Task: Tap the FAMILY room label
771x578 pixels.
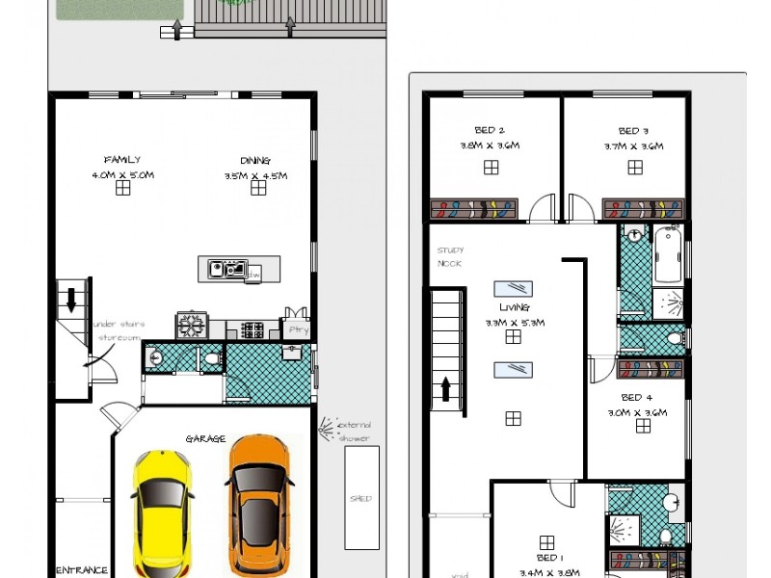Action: pos(122,160)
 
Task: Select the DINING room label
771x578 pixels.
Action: pos(255,161)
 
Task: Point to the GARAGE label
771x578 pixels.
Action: pos(199,439)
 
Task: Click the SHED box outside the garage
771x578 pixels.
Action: pos(361,498)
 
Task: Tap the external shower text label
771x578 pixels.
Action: pos(354,432)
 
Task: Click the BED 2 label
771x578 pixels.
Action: pos(490,130)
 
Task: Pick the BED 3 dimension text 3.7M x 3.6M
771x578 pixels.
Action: pos(634,146)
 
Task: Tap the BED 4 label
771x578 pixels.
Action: pos(637,397)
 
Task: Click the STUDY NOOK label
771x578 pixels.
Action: pos(450,257)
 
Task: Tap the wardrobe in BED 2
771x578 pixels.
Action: pos(474,209)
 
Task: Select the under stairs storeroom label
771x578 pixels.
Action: pos(119,330)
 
